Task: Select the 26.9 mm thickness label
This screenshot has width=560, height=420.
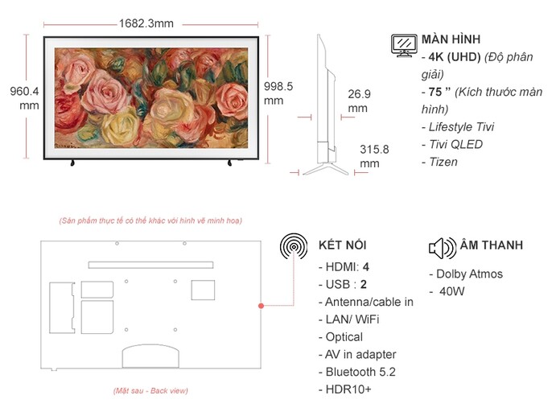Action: click(359, 101)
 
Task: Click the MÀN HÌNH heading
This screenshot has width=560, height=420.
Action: click(451, 39)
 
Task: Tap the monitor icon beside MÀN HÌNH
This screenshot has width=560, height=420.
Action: click(404, 45)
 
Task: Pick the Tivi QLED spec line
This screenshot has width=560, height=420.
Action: click(451, 144)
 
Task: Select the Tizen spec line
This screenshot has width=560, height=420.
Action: click(439, 162)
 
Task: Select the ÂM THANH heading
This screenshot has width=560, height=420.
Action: click(491, 245)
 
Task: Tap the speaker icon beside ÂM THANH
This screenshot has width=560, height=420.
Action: click(443, 247)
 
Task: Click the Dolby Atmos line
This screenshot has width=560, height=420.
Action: click(464, 274)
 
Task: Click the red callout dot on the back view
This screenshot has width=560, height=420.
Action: click(261, 306)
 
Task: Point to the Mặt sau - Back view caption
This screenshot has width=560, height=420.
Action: click(150, 390)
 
